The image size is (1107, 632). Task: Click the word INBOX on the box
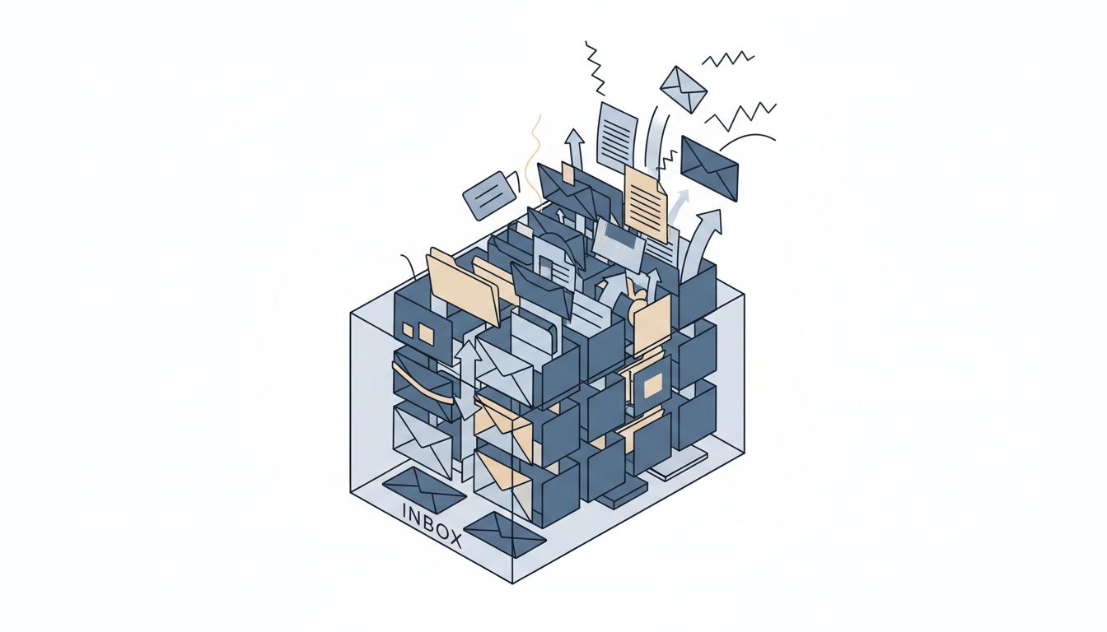(432, 523)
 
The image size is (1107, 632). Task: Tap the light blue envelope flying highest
(684, 88)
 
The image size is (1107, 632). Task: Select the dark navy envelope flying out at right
(709, 167)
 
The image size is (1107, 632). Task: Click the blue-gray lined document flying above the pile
(617, 137)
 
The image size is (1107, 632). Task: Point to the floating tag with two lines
(489, 195)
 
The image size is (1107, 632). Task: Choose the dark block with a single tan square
(652, 384)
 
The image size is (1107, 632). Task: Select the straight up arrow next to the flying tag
(575, 149)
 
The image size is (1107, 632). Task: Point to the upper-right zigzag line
(727, 57)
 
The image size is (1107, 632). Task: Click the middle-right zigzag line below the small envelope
(740, 117)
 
